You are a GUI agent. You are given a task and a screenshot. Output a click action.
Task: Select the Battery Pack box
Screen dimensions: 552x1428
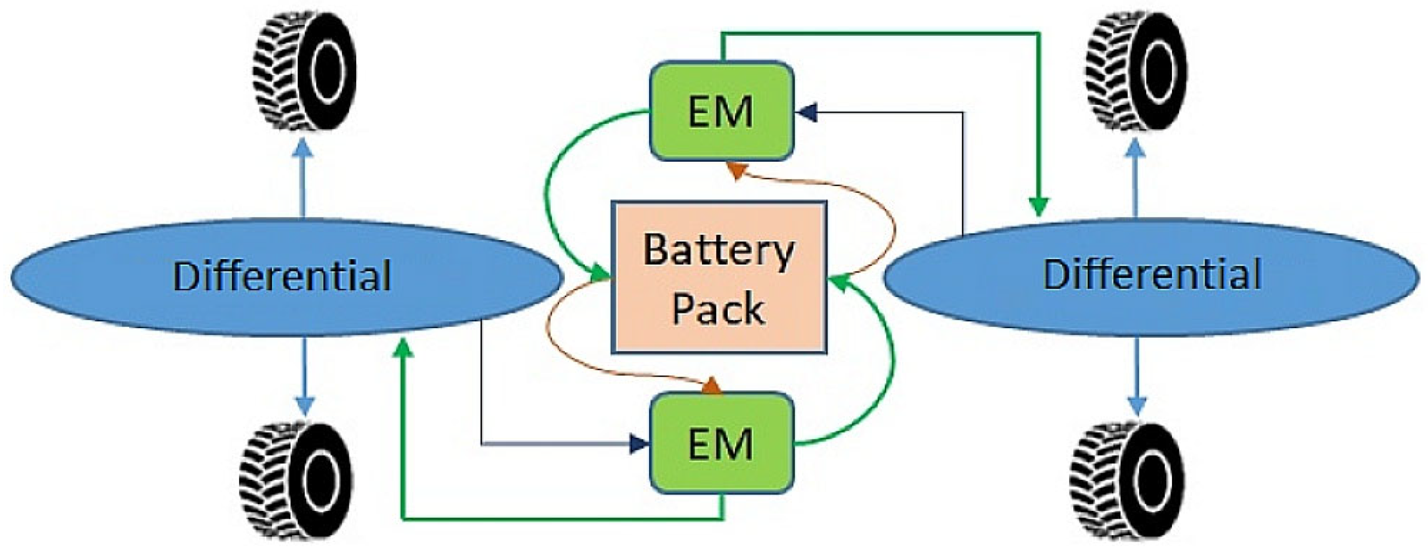[718, 277]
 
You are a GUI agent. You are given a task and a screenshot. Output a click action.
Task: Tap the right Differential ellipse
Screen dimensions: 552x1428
[1153, 276]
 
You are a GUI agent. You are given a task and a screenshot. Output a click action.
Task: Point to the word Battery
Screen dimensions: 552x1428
[718, 251]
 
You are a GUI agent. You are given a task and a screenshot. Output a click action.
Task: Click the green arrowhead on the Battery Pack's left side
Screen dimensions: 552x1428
[599, 273]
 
